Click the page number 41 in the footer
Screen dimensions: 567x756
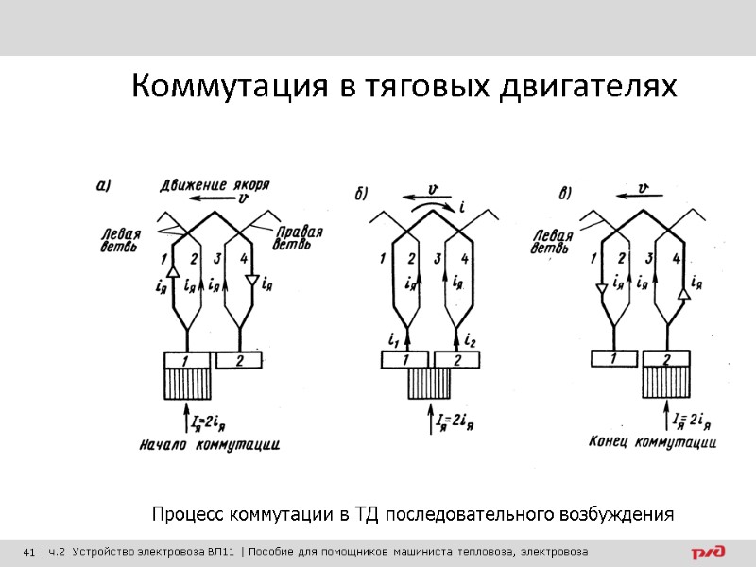tap(28, 552)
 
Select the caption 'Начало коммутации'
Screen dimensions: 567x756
tap(209, 442)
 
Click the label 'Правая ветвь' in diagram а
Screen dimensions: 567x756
tap(300, 238)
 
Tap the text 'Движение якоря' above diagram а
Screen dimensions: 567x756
tap(209, 184)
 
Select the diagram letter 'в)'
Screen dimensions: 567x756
tap(564, 195)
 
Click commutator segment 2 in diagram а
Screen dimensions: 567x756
tap(239, 360)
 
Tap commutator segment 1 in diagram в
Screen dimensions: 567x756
tap(615, 358)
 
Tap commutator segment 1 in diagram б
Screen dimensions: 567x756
tap(406, 360)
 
